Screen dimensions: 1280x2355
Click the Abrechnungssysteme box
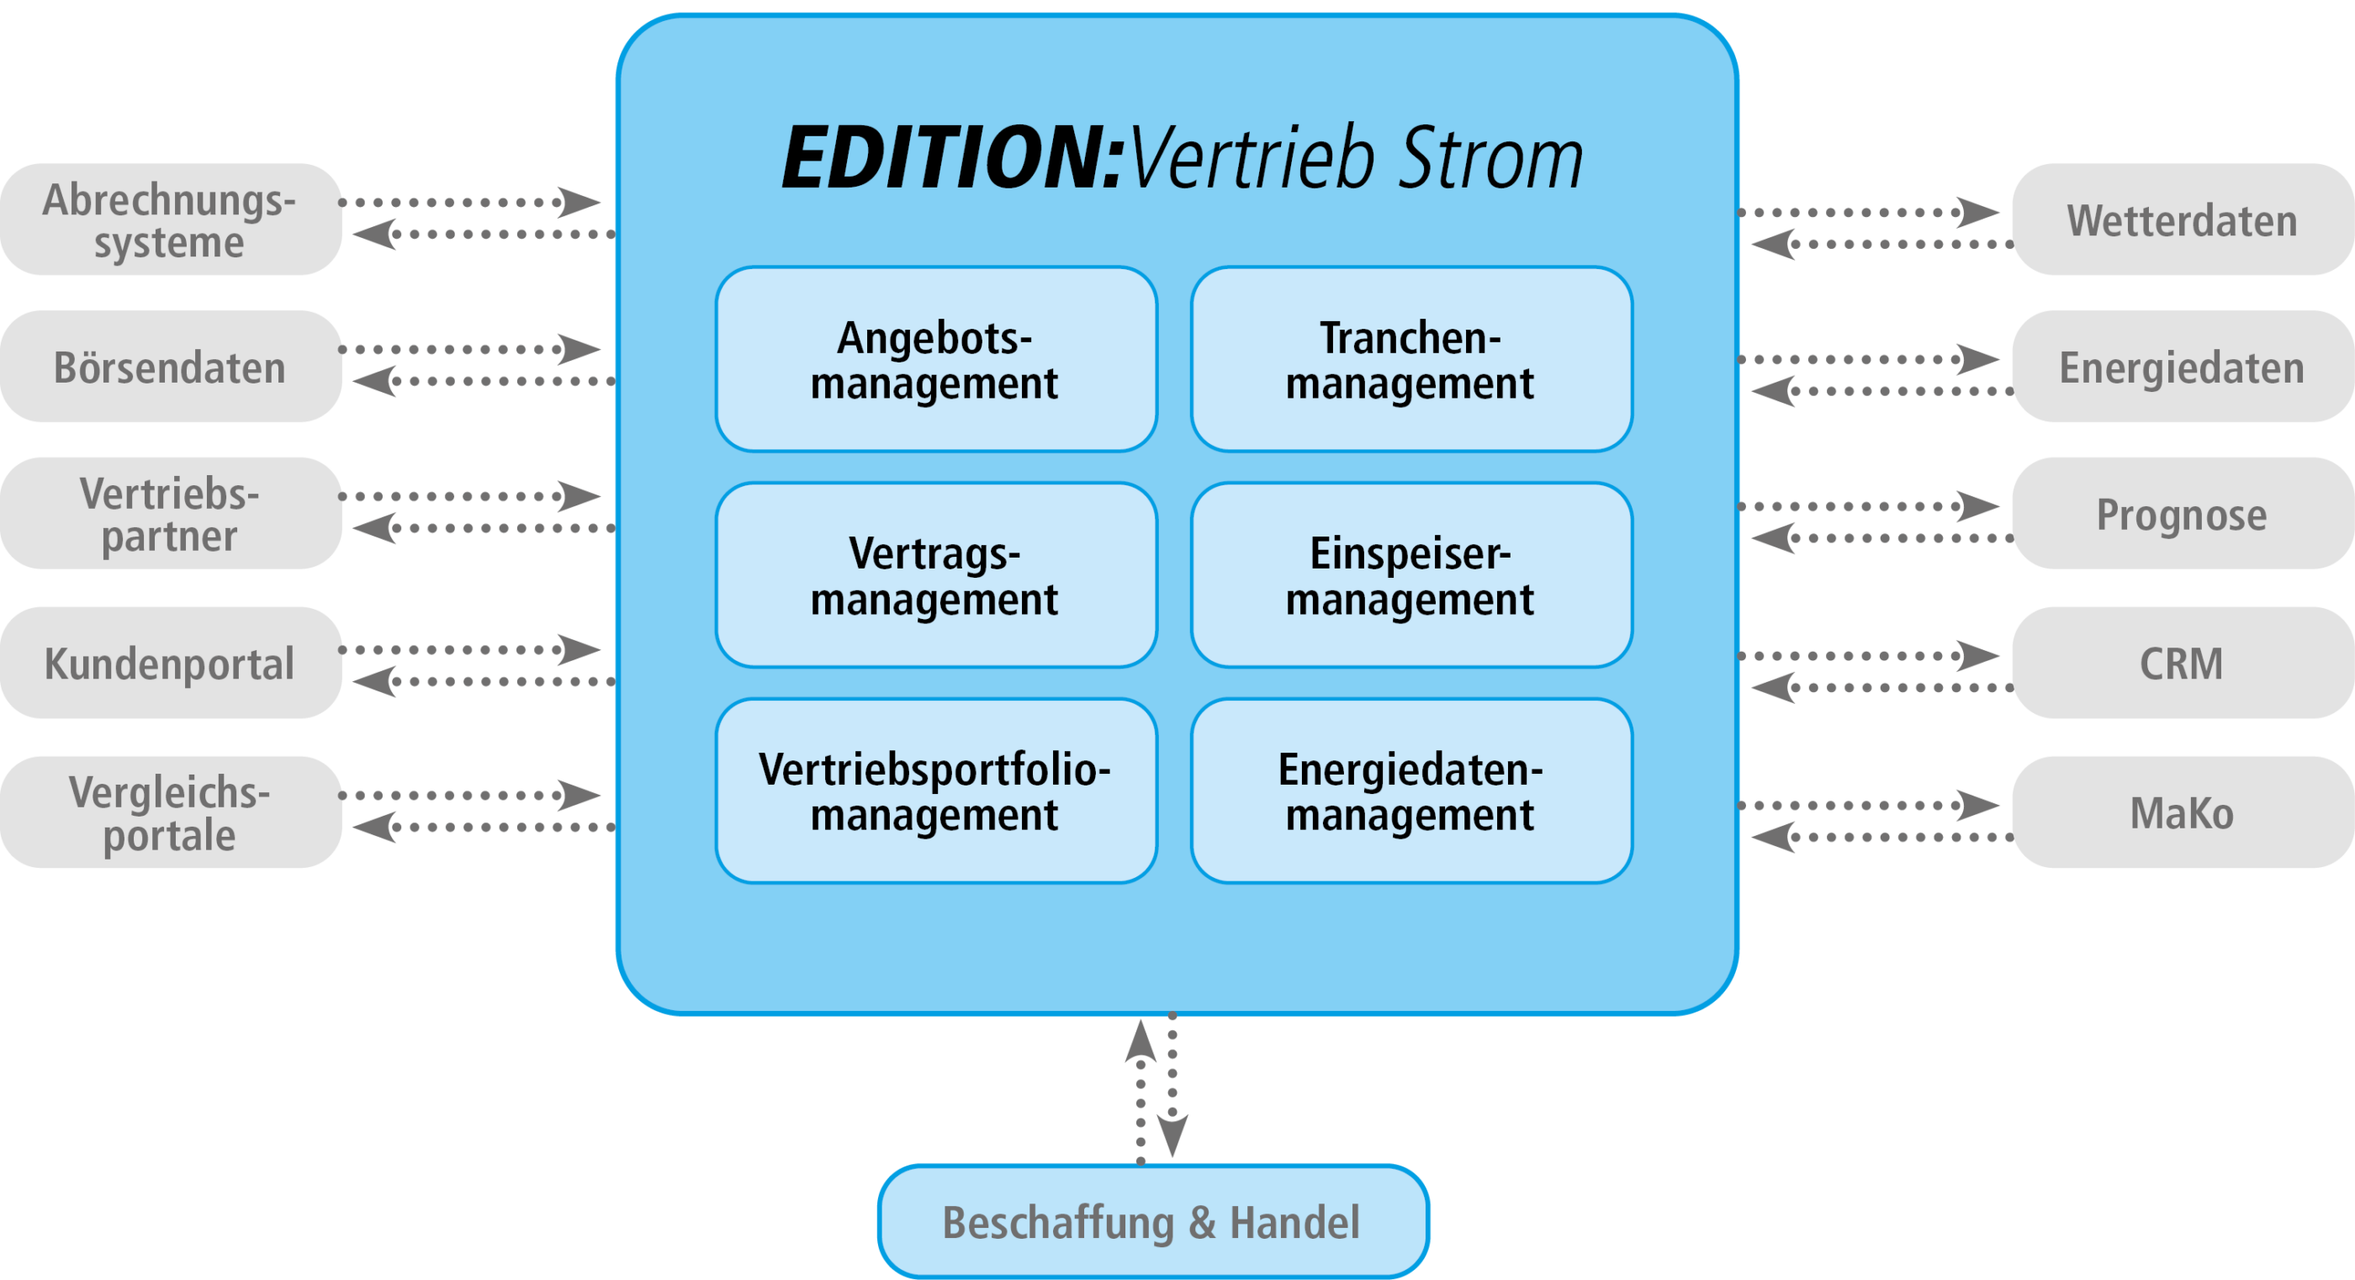(170, 220)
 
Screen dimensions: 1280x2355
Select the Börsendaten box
(170, 367)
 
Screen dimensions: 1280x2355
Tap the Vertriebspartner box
(170, 514)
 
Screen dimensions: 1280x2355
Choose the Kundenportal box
(170, 663)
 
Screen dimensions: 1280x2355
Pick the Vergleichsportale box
(170, 812)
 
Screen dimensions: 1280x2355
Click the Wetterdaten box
(2181, 220)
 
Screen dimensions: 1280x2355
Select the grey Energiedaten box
(2181, 367)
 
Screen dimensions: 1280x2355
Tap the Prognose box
(2181, 514)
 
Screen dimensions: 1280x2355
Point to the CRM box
(2181, 663)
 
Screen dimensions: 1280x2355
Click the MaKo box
(2181, 812)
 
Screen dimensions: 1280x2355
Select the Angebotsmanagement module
(935, 359)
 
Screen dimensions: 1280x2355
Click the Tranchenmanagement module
(1410, 359)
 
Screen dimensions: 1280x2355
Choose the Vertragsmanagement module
(935, 575)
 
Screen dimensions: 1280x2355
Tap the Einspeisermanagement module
(1410, 575)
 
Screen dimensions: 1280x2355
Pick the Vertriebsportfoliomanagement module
(935, 791)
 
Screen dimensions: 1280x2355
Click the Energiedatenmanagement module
(1410, 791)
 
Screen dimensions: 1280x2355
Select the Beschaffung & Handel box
(1152, 1221)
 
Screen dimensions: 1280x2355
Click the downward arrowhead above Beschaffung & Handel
(1172, 1136)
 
